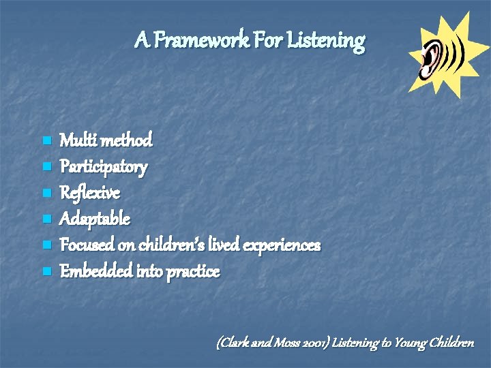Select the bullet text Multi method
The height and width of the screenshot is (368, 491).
pyautogui.click(x=106, y=141)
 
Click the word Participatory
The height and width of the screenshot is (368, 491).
pyautogui.click(x=104, y=167)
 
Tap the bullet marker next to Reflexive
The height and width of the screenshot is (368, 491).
pyautogui.click(x=46, y=194)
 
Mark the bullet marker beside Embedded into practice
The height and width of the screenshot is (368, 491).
pyautogui.click(x=46, y=272)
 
